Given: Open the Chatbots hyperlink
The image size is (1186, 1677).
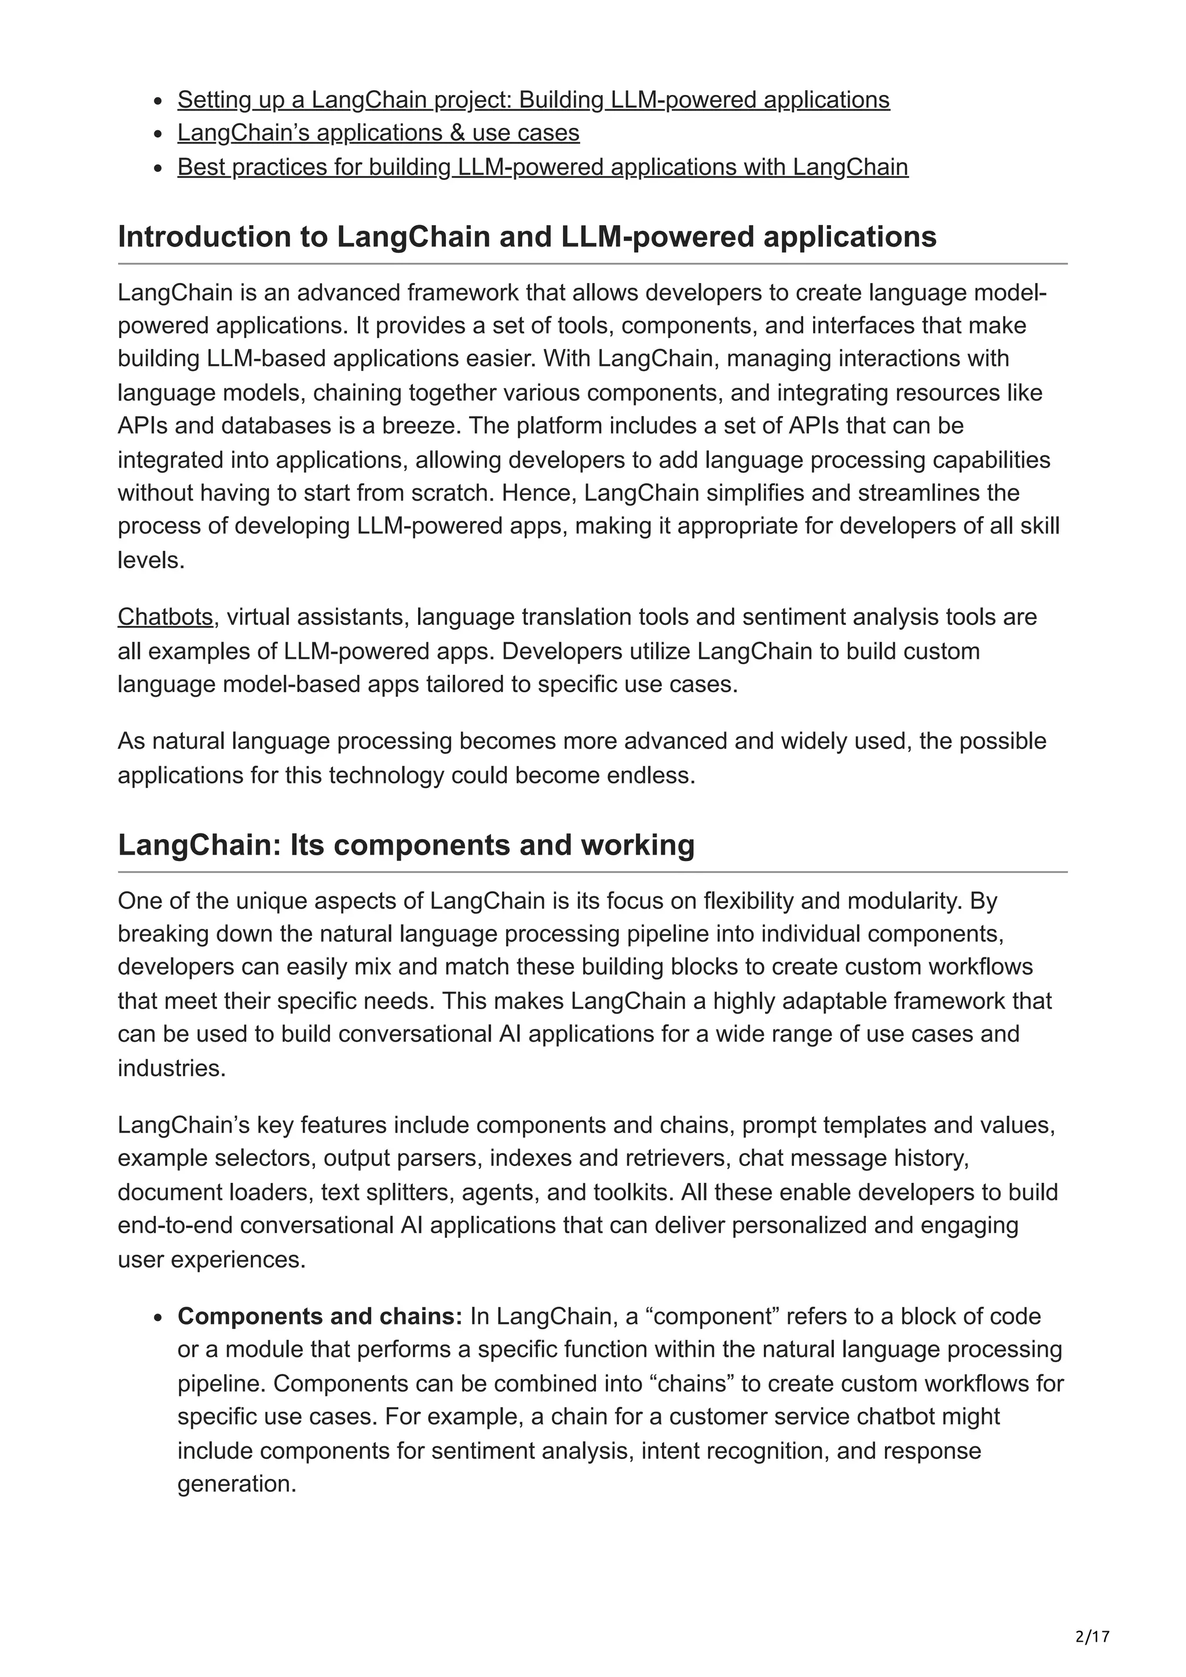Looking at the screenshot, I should [165, 617].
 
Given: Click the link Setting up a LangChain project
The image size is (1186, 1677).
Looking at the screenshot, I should [533, 100].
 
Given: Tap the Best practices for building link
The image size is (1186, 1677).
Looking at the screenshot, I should [542, 167].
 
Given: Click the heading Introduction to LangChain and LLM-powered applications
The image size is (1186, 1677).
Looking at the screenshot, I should [527, 237].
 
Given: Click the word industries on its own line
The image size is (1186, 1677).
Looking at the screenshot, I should [170, 1069].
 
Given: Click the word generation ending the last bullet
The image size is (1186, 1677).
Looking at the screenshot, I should [235, 1484].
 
